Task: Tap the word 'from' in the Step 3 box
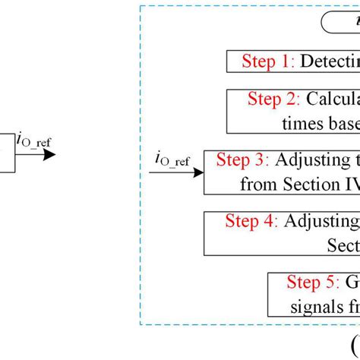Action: pyautogui.click(x=255, y=183)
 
